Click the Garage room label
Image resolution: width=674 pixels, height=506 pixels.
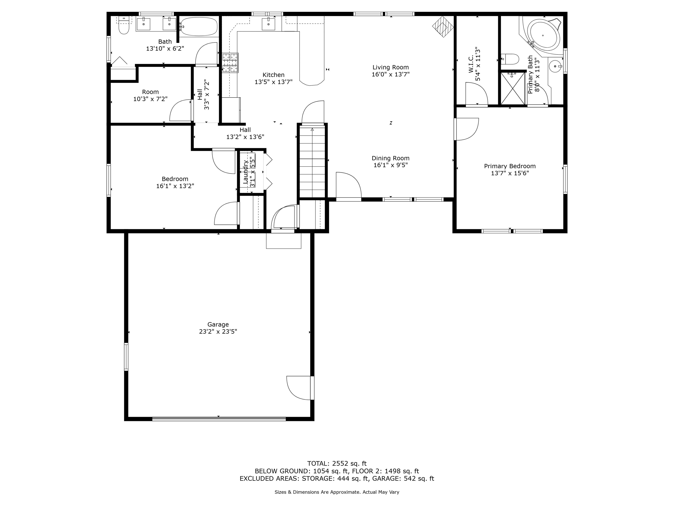pyautogui.click(x=218, y=324)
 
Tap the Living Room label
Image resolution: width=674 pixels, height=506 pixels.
pyautogui.click(x=391, y=67)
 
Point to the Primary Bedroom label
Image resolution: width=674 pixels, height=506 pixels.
pyautogui.click(x=510, y=166)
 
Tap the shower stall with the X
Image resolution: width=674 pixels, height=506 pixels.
pyautogui.click(x=513, y=89)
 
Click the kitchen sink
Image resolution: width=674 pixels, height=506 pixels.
pyautogui.click(x=269, y=24)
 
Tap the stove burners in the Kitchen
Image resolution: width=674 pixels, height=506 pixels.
pyautogui.click(x=230, y=63)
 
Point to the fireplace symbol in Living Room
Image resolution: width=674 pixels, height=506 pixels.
pyautogui.click(x=443, y=27)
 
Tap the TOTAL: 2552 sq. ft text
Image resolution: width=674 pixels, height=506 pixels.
pyautogui.click(x=337, y=464)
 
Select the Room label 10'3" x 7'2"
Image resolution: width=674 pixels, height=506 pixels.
pyautogui.click(x=151, y=96)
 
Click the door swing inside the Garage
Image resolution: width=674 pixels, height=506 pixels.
pyautogui.click(x=299, y=388)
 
